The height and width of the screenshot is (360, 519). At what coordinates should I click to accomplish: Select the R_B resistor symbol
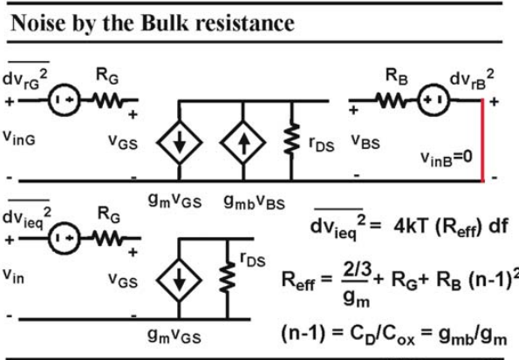pos(393,100)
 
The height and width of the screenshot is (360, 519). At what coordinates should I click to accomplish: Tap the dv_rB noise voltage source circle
pos(434,100)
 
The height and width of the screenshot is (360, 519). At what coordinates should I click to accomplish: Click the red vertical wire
pos(482,140)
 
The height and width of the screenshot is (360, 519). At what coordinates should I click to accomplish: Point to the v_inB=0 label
pos(447,158)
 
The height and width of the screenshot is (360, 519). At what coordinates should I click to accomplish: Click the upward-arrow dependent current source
pos(243,143)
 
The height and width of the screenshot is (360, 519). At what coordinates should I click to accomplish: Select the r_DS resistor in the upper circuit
pos(291,139)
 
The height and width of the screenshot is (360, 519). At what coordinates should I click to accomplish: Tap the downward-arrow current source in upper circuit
pos(179,143)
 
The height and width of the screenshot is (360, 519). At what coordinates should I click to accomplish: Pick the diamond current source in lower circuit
pos(179,281)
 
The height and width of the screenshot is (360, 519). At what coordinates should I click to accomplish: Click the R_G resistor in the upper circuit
pos(108,100)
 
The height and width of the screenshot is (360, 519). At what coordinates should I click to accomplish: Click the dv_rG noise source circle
pos(65,100)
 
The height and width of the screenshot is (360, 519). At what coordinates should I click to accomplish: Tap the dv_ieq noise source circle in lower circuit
pos(65,238)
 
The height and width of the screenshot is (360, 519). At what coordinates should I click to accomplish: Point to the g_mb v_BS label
pos(254,202)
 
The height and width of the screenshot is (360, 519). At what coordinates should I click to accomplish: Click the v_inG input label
pos(19,138)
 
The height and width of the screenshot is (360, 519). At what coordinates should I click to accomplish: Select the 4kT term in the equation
pos(411,227)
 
